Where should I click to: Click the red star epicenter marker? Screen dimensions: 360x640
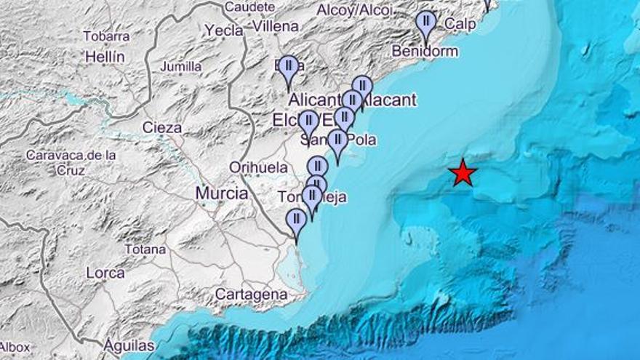tap(463, 173)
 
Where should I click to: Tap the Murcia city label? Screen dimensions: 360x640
tap(221, 193)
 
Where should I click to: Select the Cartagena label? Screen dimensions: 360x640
tap(252, 295)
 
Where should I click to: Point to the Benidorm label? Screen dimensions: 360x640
tap(425, 51)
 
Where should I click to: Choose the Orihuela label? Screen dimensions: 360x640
tap(258, 167)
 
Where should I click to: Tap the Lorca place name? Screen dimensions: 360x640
tap(105, 273)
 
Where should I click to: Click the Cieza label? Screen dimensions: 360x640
tap(161, 128)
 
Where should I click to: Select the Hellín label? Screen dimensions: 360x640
tap(105, 56)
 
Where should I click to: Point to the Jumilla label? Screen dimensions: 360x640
tap(180, 67)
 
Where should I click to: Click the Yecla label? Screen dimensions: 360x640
tap(223, 30)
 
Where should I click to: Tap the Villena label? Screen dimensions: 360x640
tap(275, 26)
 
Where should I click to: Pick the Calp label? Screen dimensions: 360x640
tap(460, 24)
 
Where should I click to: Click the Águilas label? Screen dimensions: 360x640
tap(129, 345)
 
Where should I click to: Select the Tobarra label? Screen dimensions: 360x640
tap(106, 36)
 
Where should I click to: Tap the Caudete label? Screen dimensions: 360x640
tap(249, 7)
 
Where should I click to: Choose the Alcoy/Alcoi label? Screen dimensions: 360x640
tap(354, 9)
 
